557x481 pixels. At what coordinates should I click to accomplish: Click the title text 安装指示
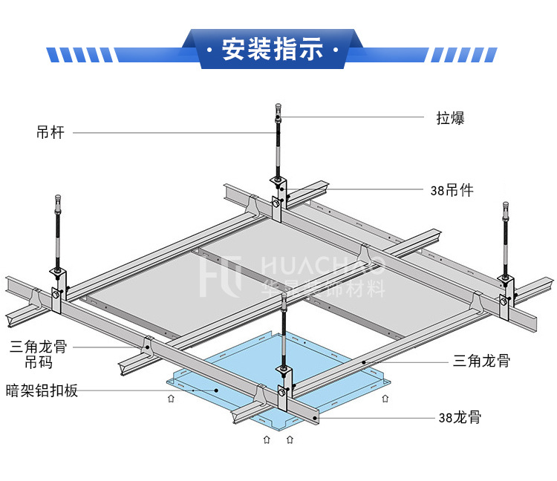pos(274,50)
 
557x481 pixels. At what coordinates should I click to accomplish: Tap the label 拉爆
pos(450,117)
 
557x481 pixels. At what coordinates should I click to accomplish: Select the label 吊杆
pos(51,133)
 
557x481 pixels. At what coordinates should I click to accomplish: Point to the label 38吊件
pos(452,190)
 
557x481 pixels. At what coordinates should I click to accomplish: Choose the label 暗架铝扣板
pos(42,390)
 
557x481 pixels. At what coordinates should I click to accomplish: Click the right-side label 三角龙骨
pos(481,361)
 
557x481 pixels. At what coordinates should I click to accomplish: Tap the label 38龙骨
pos(459,417)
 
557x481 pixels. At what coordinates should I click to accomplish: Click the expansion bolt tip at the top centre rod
pos(278,109)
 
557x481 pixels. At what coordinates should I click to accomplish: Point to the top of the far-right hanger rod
pos(505,206)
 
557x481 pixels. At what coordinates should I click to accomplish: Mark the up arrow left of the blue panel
pos(172,399)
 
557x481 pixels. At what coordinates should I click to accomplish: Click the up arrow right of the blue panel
pos(384,399)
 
